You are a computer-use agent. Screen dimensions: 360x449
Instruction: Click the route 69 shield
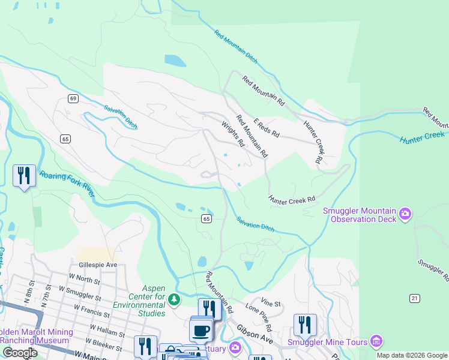(x=73, y=98)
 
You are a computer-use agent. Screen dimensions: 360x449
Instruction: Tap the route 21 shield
(x=414, y=298)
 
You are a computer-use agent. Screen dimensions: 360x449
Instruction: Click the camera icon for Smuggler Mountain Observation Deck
(x=406, y=214)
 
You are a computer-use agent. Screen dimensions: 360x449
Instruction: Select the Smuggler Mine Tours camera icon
(x=376, y=341)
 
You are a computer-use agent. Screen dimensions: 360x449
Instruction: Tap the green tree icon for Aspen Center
(x=173, y=298)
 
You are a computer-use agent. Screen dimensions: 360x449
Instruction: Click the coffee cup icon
(x=201, y=330)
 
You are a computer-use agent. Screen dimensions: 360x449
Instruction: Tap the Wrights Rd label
(x=233, y=134)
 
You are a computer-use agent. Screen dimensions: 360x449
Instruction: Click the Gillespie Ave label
(x=97, y=264)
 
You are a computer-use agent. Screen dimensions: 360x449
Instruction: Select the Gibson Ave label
(x=255, y=332)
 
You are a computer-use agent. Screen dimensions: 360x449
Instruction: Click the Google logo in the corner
(x=20, y=353)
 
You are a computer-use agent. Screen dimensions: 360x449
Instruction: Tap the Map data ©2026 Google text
(x=412, y=355)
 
